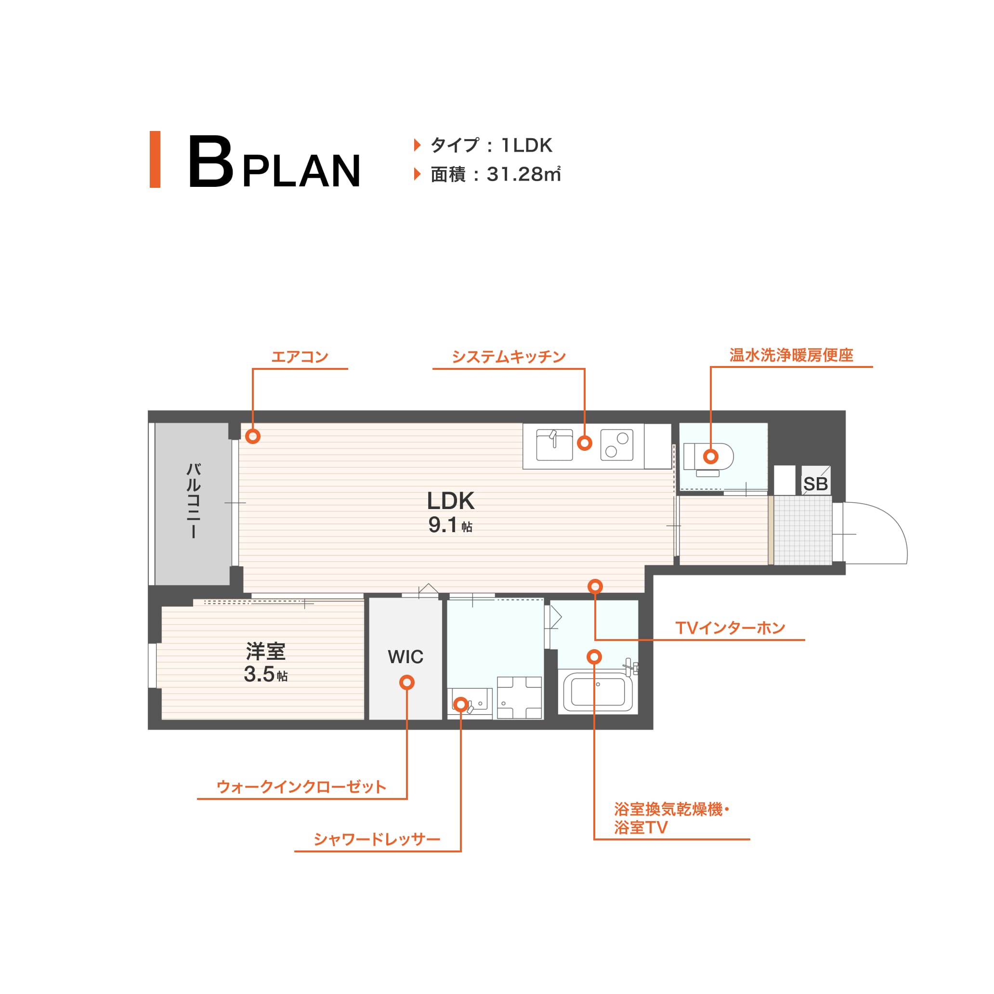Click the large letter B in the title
click(x=210, y=161)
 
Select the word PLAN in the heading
click(x=301, y=171)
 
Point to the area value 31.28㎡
click(x=523, y=174)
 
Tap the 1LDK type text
click(x=526, y=145)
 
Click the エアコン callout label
click(x=300, y=356)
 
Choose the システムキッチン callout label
click(x=509, y=356)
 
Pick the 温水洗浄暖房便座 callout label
click(x=791, y=355)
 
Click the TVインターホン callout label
click(x=730, y=628)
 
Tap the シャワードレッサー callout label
click(x=377, y=839)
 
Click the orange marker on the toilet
click(x=710, y=457)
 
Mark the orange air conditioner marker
click(x=253, y=436)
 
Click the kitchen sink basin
click(x=555, y=445)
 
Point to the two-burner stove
click(x=616, y=445)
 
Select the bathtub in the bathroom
click(x=598, y=692)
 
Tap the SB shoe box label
click(x=815, y=484)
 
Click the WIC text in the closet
click(x=405, y=657)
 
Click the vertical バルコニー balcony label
click(x=193, y=500)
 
